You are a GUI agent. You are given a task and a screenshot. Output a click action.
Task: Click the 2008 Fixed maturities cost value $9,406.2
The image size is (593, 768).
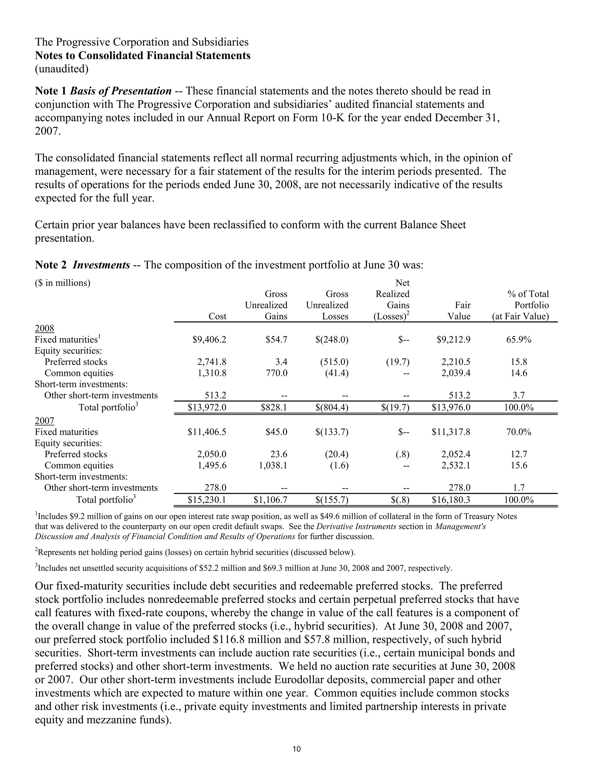(209, 339)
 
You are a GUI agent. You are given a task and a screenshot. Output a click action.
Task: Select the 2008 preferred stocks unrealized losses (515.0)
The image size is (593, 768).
(336, 362)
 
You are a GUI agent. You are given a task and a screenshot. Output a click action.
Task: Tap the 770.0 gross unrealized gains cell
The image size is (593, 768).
(277, 373)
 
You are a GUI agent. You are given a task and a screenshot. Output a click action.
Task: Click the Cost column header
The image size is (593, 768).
(217, 316)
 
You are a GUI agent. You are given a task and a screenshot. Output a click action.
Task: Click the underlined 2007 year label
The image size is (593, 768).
(44, 421)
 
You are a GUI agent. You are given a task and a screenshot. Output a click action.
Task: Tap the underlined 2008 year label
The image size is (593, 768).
(44, 328)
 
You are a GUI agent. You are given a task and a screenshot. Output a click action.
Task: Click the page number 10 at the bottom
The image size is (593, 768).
(296, 749)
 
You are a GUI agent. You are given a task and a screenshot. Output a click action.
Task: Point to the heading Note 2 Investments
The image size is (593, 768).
(82, 265)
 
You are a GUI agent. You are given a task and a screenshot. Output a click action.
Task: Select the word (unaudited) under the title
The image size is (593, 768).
(61, 69)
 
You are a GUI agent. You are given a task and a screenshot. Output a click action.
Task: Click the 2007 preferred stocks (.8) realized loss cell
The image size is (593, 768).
(402, 454)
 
